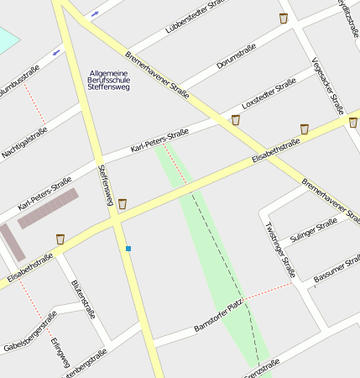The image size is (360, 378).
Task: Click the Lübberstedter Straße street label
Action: (196, 16)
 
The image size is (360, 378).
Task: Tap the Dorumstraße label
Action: (236, 56)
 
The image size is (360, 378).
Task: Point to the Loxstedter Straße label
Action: (269, 93)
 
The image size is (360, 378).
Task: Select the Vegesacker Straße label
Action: (327, 85)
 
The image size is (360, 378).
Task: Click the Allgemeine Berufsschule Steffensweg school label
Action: (109, 80)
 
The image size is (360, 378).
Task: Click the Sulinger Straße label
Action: (313, 228)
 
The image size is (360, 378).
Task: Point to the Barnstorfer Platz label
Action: (217, 315)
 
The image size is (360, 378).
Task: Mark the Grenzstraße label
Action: (260, 368)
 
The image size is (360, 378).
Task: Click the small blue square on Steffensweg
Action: (128, 249)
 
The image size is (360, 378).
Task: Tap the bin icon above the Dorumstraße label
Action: (284, 18)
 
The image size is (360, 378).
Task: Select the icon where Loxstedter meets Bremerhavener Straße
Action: (235, 120)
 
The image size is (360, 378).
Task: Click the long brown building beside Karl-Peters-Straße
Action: (49, 208)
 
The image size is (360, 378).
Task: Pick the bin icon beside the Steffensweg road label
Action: (123, 203)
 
